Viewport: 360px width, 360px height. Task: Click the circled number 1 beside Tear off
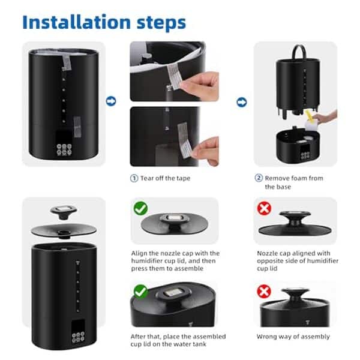(x=134, y=178)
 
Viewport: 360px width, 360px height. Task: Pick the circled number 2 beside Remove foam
(x=259, y=178)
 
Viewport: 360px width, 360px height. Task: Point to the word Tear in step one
(x=148, y=178)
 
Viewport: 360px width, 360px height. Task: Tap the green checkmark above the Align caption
(x=140, y=208)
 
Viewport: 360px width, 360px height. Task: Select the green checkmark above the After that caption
(x=140, y=292)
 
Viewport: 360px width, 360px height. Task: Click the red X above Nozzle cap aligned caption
(x=264, y=208)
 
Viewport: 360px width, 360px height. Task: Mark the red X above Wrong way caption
(x=264, y=292)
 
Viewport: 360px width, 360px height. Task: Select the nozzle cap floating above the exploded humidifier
(x=61, y=210)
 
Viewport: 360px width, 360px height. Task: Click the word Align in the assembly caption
(x=140, y=253)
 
